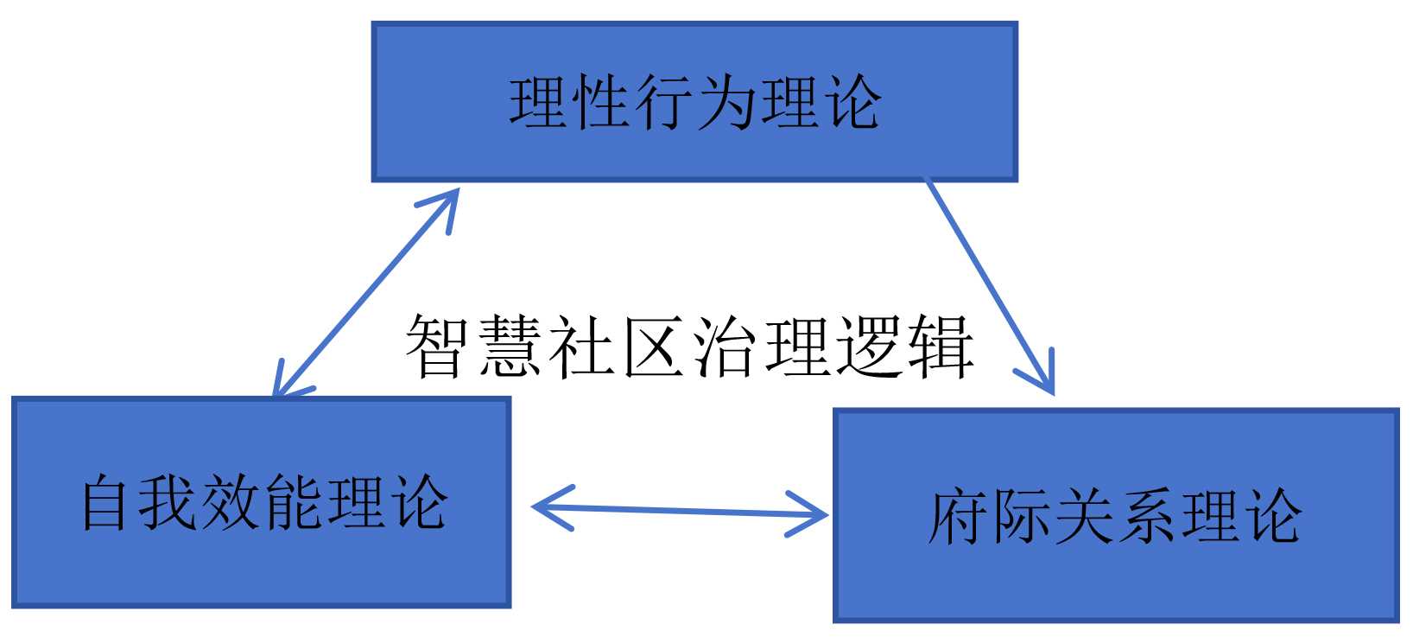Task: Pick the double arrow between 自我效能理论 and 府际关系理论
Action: coord(681,511)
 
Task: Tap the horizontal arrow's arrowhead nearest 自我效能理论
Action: coord(548,506)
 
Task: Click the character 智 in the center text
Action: coord(437,347)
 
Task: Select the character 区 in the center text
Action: coord(653,347)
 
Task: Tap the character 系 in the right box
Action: coord(1147,517)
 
